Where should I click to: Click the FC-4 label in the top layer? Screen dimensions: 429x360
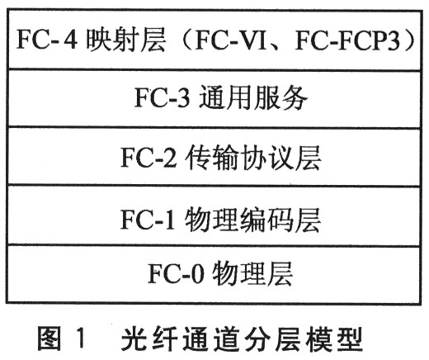pos(47,40)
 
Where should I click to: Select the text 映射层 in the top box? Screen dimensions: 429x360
pos(126,40)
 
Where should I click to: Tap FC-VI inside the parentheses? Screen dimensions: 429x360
pos(230,41)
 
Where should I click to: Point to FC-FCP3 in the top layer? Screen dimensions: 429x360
pos(347,41)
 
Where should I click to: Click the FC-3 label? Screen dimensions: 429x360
pos(163,97)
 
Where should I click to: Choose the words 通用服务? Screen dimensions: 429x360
pos(252,97)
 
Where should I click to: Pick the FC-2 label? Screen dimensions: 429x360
pos(148,157)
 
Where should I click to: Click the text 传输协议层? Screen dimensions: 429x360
pos(253,157)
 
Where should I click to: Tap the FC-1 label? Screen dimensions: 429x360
pos(148,220)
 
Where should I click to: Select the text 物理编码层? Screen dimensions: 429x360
pos(252,220)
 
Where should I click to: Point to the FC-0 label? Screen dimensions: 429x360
pos(177,273)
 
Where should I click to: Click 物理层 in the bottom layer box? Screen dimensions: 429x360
pos(252,273)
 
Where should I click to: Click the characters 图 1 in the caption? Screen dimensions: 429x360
pos(60,338)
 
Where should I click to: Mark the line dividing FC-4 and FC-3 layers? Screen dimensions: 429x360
pos(214,69)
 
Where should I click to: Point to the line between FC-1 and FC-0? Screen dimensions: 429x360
pos(214,245)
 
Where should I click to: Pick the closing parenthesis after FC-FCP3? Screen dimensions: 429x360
pos(408,41)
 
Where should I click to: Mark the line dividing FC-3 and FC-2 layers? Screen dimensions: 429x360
pos(214,127)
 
